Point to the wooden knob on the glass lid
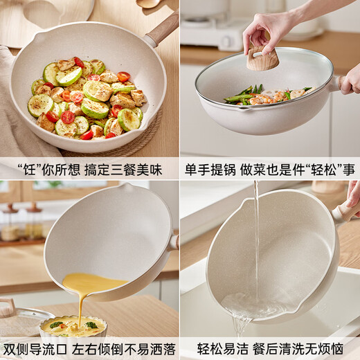click(x=264, y=59)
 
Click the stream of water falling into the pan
click(x=255, y=235)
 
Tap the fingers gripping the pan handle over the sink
click(x=352, y=197)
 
